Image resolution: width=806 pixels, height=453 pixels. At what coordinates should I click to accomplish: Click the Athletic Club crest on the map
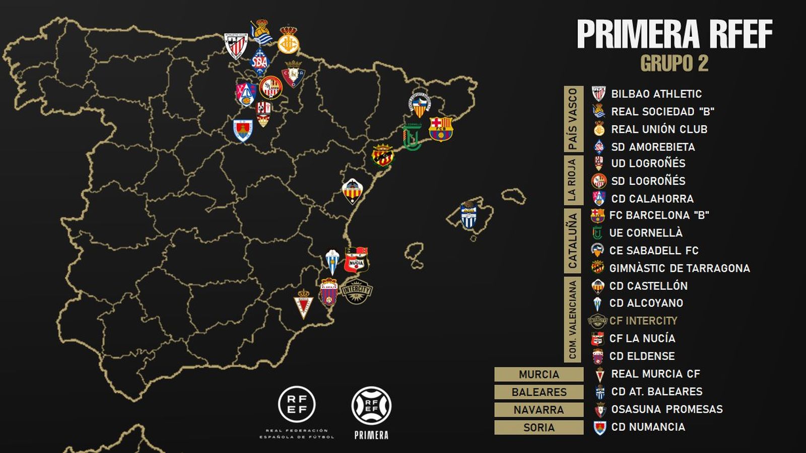point(235,46)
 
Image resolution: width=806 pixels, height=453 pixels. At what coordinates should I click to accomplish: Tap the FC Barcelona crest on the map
point(441,129)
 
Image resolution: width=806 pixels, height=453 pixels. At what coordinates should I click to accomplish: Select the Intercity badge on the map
point(357,291)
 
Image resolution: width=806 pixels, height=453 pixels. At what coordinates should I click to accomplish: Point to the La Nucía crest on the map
point(356,260)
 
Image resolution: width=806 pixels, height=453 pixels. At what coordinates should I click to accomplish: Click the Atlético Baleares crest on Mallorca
point(469,215)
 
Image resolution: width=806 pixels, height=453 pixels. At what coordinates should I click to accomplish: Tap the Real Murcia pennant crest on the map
point(303,303)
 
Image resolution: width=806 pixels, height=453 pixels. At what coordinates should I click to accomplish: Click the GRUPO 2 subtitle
point(674,63)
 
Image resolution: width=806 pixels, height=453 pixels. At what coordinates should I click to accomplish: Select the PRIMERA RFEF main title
point(674,34)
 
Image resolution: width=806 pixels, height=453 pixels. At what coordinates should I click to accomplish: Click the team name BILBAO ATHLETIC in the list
point(656,94)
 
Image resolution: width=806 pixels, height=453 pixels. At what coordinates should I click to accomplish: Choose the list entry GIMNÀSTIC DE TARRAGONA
point(679,268)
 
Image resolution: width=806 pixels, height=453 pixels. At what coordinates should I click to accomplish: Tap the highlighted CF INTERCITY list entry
point(643,321)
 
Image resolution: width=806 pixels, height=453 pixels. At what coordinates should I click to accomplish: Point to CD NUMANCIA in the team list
point(648,427)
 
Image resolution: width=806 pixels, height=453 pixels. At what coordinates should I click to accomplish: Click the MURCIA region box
point(539,374)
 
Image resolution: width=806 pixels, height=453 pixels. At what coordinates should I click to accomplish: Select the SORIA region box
point(539,427)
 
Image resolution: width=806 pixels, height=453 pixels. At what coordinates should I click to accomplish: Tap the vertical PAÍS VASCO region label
point(573,119)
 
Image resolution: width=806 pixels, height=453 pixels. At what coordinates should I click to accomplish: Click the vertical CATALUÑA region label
point(573,240)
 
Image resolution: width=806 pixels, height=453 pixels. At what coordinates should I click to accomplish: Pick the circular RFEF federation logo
point(297,404)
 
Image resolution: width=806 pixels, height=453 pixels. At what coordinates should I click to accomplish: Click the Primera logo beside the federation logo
point(371,406)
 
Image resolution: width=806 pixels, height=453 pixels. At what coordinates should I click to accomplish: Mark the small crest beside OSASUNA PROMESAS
point(599,410)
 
